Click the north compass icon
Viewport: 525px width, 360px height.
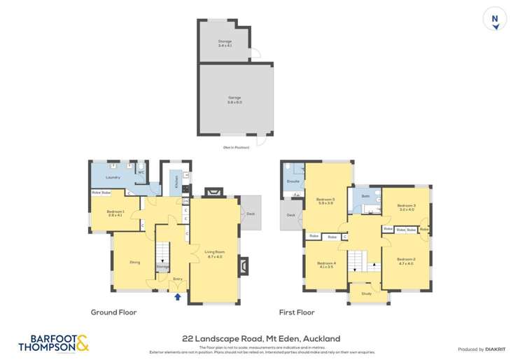(x=496, y=20)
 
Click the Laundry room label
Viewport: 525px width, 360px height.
(x=113, y=177)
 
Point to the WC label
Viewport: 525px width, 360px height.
(x=141, y=172)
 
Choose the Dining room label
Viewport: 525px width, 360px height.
(x=135, y=262)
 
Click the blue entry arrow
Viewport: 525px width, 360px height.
(x=177, y=296)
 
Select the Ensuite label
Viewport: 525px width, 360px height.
(x=294, y=181)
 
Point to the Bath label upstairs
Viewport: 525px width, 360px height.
(x=365, y=196)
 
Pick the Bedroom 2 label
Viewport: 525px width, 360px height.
(x=407, y=260)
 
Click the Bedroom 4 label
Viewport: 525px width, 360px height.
(x=326, y=263)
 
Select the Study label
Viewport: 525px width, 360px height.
(x=367, y=294)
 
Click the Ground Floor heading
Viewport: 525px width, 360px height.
(x=113, y=312)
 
